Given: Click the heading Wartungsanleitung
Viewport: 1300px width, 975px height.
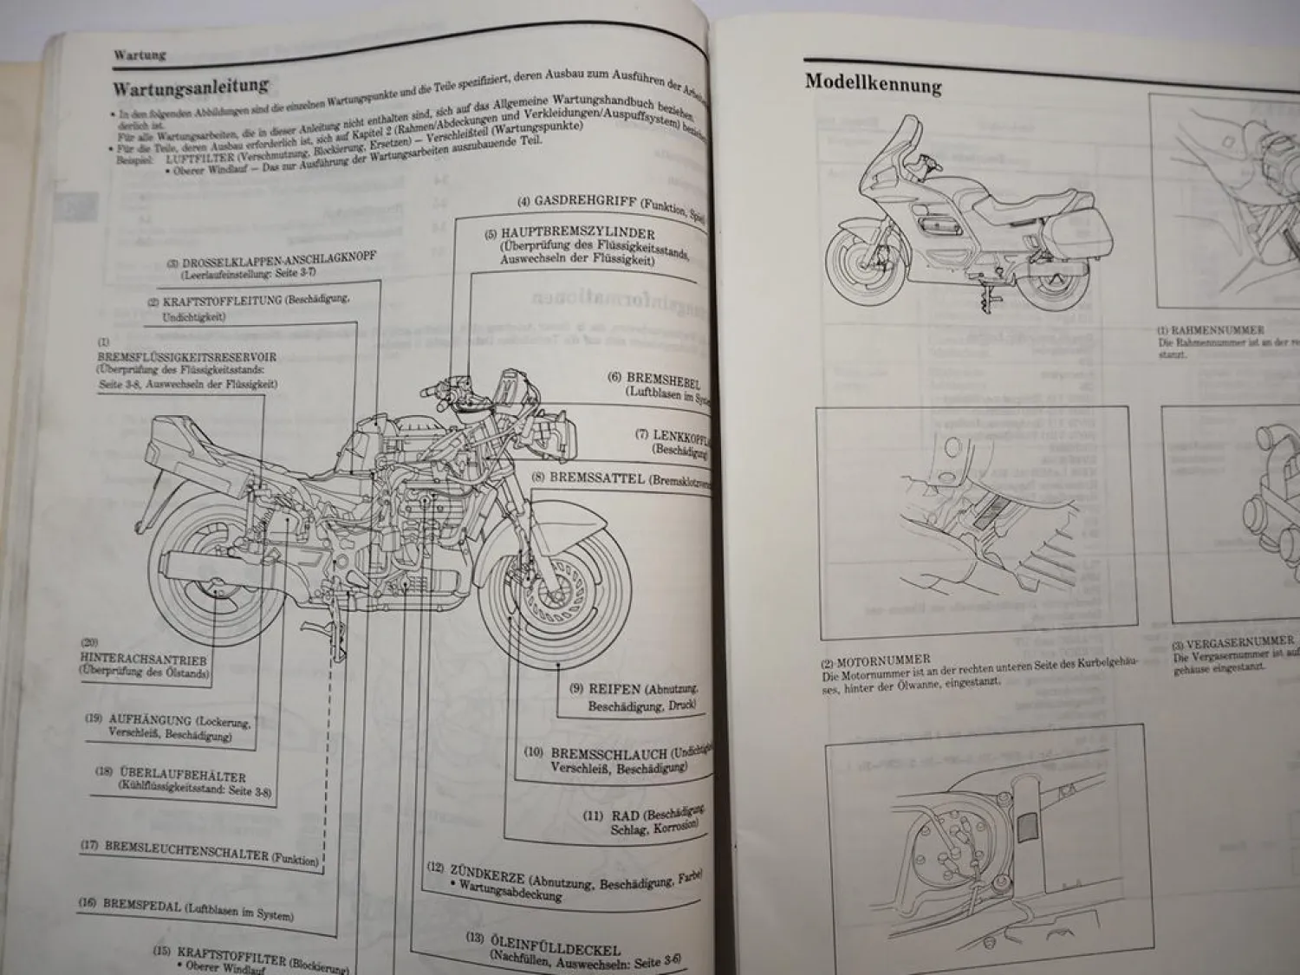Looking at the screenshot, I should (x=191, y=87).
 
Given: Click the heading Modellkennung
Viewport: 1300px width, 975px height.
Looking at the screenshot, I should (x=873, y=83).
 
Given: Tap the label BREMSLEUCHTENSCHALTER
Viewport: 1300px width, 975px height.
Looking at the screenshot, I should (x=186, y=849).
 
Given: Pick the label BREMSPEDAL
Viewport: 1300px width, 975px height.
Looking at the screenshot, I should (x=141, y=905).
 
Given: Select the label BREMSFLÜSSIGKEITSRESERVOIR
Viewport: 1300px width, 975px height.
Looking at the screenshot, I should (x=188, y=357).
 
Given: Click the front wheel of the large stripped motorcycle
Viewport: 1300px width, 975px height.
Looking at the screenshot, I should (x=555, y=589).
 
